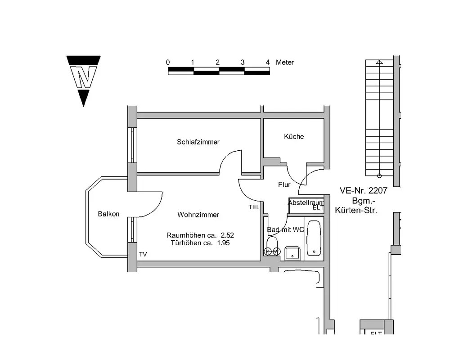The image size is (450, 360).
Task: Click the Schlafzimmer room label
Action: click(198, 142)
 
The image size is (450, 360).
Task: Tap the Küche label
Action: click(294, 137)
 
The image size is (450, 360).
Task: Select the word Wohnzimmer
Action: click(198, 215)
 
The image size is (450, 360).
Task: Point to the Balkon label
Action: click(108, 214)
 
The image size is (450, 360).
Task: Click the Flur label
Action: click(284, 185)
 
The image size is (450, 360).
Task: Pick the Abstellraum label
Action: click(306, 203)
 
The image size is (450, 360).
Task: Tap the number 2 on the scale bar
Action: click(217, 63)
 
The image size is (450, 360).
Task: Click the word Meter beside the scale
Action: click(285, 63)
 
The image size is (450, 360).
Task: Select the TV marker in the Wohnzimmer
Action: click(143, 255)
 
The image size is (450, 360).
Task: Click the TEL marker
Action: click(254, 207)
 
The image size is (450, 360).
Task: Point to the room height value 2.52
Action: click(227, 235)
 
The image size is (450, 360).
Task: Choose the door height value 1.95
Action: click(223, 243)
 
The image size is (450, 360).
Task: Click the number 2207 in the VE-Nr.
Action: click(377, 191)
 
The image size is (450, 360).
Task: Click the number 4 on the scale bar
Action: click(268, 63)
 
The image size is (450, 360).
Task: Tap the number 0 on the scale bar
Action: click(168, 63)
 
